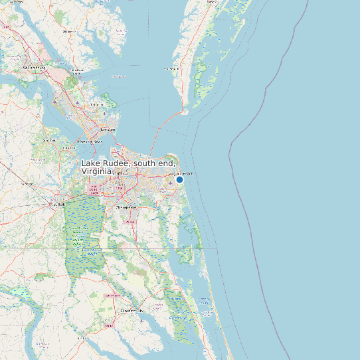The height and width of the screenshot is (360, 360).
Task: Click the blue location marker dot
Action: click(x=179, y=179)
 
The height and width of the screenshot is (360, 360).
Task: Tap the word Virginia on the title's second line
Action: click(x=96, y=171)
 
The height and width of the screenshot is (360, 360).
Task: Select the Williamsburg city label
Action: click(x=34, y=68)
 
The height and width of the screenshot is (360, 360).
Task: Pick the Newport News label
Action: click(x=90, y=141)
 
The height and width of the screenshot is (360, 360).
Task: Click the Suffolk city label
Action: click(x=56, y=205)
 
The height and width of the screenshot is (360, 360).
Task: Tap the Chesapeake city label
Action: click(x=126, y=207)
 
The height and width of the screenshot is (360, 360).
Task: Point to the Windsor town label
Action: click(x=27, y=183)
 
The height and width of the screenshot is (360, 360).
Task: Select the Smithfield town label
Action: click(x=49, y=141)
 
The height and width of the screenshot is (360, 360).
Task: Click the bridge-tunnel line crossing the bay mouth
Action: click(x=159, y=133)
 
